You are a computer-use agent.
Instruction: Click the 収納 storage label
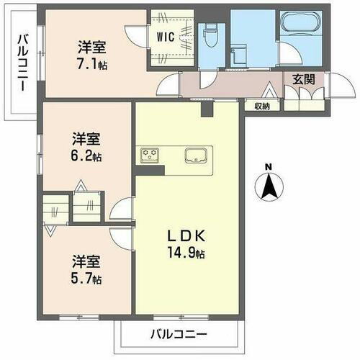click(x=261, y=107)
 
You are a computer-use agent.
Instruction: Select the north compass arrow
click(x=268, y=189)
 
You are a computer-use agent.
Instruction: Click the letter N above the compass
click(x=268, y=168)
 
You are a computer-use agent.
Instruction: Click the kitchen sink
click(x=196, y=156)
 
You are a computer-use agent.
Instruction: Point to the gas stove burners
click(x=150, y=155)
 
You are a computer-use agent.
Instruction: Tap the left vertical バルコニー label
click(x=22, y=62)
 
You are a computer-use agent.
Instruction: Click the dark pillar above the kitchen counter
click(x=208, y=109)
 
